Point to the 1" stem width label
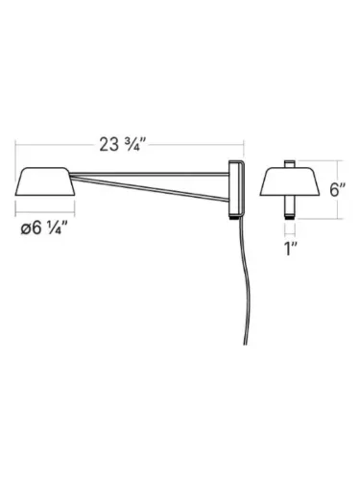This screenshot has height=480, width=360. click(x=290, y=252)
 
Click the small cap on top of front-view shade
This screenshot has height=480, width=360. click(x=290, y=165)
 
